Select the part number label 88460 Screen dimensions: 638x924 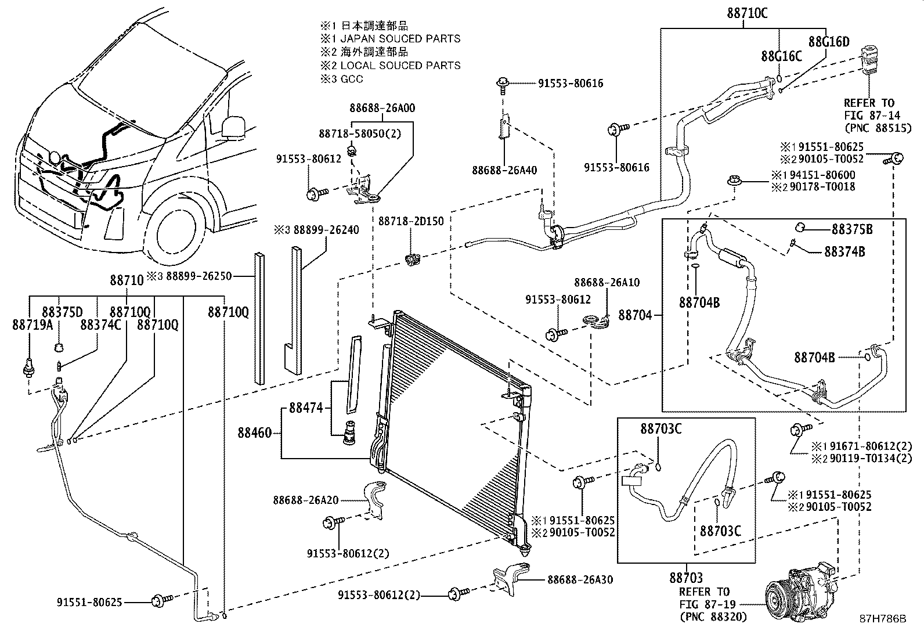coord(254,432)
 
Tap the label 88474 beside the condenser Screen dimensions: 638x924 coord(305,409)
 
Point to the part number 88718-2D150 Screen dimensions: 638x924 coord(410,221)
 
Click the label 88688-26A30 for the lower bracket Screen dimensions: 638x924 coord(579,579)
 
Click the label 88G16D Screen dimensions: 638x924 coord(828,41)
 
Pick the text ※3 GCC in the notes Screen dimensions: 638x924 coord(342,78)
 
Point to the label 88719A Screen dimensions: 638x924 coord(32,325)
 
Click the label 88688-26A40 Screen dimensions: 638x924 coord(504,170)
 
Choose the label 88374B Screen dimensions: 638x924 coord(844,252)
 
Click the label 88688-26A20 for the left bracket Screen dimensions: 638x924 coord(306,500)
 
